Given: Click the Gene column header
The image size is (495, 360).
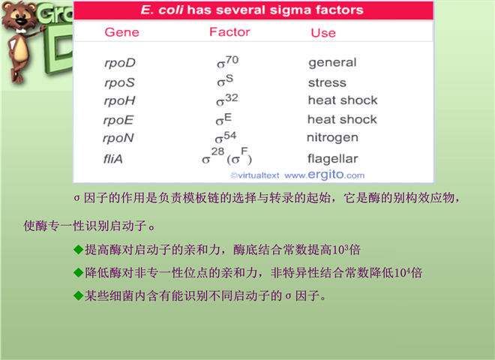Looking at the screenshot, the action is click(x=121, y=32).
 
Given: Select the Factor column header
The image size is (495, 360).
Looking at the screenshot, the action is click(x=229, y=32).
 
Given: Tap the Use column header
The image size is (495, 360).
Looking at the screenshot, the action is click(x=323, y=33).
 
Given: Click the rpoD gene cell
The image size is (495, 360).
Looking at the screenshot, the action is click(x=120, y=63).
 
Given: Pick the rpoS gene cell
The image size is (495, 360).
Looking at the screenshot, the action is click(x=119, y=82).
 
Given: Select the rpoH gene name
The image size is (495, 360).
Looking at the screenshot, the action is click(x=119, y=101).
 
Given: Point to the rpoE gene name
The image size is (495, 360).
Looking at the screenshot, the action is click(x=118, y=120).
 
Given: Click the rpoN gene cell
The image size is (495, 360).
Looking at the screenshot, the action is click(x=118, y=138).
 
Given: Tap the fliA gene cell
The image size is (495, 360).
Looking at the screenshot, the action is click(x=112, y=158).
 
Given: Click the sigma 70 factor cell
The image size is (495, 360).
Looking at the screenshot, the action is click(x=227, y=62).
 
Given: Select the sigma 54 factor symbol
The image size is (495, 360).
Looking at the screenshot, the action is click(x=226, y=137).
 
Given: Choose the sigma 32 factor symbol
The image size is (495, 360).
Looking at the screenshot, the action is click(x=226, y=100).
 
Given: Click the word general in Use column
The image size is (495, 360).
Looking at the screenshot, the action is click(x=332, y=62).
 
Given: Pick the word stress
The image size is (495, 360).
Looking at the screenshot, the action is click(x=327, y=82).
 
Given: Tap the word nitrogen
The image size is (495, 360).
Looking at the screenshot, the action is click(x=332, y=138).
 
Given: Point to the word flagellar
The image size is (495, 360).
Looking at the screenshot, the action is click(x=333, y=158).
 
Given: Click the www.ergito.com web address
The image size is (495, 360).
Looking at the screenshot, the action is click(x=324, y=175).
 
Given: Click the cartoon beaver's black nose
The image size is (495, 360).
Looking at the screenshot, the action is click(x=21, y=22).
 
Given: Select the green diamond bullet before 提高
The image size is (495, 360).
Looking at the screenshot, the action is click(x=78, y=250).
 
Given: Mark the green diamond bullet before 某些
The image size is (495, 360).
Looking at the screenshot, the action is click(x=78, y=296).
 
